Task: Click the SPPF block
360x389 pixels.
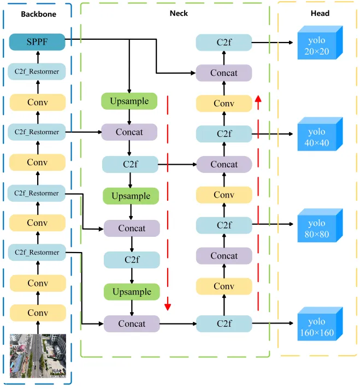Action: [x=37, y=42]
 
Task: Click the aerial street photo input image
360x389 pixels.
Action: [x=38, y=356]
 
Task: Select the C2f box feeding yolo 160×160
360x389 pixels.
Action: [x=224, y=324]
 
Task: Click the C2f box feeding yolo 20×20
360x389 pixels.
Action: [x=224, y=43]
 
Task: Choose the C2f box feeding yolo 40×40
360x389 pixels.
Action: [x=224, y=134]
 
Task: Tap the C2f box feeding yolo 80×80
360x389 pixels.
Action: [x=224, y=225]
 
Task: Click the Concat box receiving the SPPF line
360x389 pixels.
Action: [x=224, y=73]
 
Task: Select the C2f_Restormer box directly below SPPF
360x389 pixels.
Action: [x=37, y=71]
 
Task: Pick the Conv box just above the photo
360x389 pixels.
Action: [x=38, y=313]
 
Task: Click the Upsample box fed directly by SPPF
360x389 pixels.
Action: [x=129, y=101]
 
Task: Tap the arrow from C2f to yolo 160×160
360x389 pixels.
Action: [x=273, y=324]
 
